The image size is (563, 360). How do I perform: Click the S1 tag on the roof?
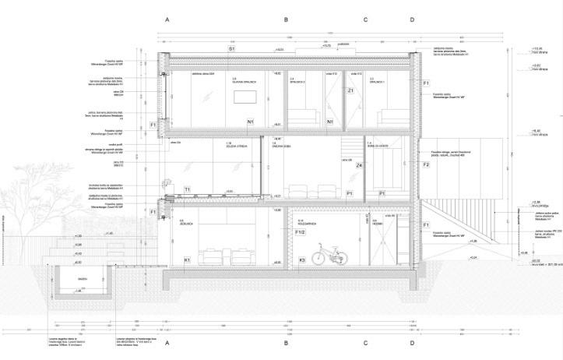(231, 48)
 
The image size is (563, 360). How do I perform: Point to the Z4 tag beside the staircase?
(359, 166)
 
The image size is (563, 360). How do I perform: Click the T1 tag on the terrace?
(187, 189)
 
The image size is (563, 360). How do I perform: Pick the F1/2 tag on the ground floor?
(299, 231)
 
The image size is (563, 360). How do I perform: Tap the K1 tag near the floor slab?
(187, 259)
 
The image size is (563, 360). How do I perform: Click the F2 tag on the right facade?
(426, 165)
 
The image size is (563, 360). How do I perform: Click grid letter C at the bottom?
(364, 343)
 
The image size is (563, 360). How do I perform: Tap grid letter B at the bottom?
(286, 343)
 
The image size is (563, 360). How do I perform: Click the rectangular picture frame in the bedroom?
(246, 96)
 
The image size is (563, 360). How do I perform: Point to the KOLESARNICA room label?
(308, 223)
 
